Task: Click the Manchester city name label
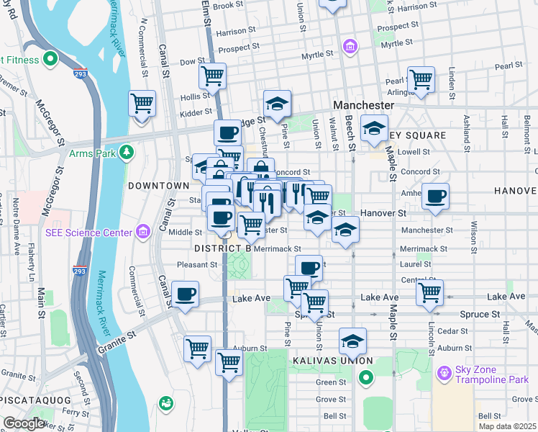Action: coord(363,105)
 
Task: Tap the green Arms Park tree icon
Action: coord(127,152)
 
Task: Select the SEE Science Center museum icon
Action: coord(143,231)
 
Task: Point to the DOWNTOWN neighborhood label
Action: coord(158,186)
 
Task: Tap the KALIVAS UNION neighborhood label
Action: coord(332,360)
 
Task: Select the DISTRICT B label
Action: coord(222,248)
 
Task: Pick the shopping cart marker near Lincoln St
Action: coord(429,292)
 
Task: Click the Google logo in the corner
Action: coord(24,423)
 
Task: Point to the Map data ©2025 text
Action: coord(507,426)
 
